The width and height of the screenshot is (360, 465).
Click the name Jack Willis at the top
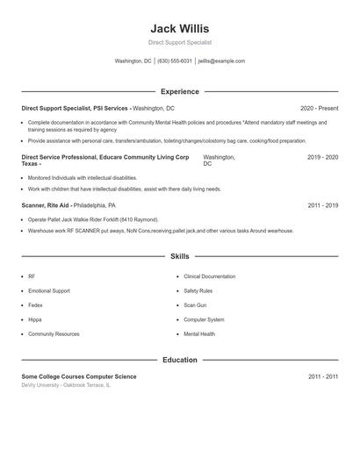(x=180, y=28)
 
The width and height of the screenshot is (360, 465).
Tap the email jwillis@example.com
(x=222, y=61)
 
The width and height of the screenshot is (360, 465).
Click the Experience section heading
(x=180, y=91)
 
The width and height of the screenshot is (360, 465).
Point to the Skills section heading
(x=180, y=257)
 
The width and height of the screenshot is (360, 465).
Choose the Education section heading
(x=180, y=360)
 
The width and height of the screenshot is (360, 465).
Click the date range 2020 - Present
(x=319, y=107)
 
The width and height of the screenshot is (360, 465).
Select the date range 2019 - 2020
(x=322, y=157)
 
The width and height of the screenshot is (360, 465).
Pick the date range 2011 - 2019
(x=322, y=204)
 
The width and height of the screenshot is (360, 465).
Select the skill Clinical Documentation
(x=210, y=276)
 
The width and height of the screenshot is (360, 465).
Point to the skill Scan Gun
(x=194, y=305)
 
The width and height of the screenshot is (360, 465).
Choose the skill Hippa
(x=34, y=319)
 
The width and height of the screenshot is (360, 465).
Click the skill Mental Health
(x=199, y=334)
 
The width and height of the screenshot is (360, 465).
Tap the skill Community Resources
(x=54, y=334)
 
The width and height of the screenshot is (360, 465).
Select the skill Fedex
(x=36, y=305)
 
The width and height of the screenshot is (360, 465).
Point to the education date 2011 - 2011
(x=322, y=376)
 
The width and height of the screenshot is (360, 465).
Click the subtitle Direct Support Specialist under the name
(x=180, y=42)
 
